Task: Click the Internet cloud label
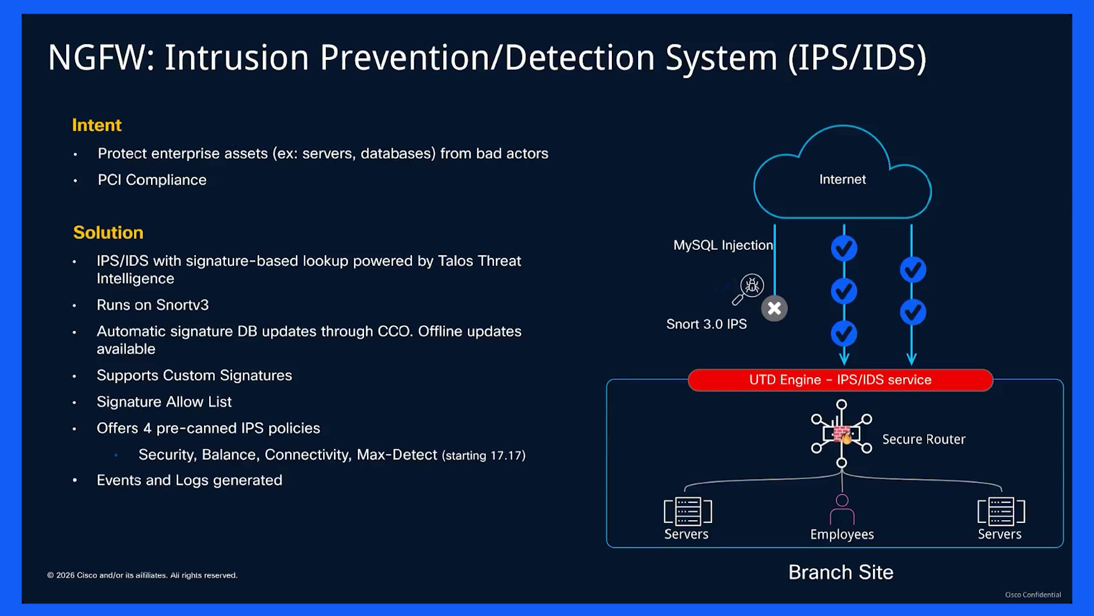pos(842,179)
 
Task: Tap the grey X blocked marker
pos(774,309)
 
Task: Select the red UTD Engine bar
pos(840,380)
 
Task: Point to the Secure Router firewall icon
pos(842,433)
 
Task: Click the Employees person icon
pos(842,509)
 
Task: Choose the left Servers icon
pos(688,511)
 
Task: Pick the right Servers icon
pos(1001,511)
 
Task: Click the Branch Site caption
pos(841,572)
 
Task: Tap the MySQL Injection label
pos(723,245)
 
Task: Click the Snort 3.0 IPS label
pos(707,324)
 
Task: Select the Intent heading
pos(97,125)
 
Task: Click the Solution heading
pos(108,233)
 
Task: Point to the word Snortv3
pos(181,305)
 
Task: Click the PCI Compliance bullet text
pos(152,180)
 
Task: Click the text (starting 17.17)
pos(484,455)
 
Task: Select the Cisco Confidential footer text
pos(1033,595)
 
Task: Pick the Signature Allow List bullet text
pos(164,402)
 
